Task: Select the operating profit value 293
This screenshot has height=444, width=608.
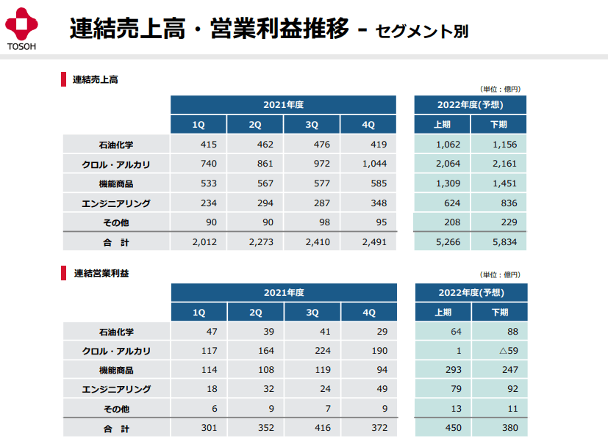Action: [x=443, y=371]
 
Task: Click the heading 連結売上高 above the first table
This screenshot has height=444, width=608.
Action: [x=95, y=80]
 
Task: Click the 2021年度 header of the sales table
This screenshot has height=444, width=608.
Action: [x=283, y=104]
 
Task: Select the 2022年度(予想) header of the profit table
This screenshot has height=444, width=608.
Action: [x=471, y=292]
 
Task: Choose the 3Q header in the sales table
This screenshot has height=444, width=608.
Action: [x=312, y=125]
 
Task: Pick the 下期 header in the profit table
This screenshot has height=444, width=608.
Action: [x=498, y=313]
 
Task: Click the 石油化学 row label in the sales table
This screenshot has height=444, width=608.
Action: [x=115, y=145]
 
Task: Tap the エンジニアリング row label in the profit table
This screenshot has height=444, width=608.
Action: [x=115, y=390]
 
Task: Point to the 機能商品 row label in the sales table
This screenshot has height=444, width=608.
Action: [x=115, y=183]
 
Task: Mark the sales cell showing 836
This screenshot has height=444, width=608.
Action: [x=507, y=203]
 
